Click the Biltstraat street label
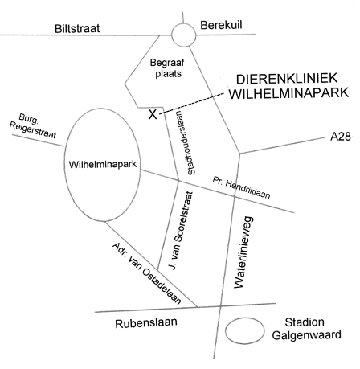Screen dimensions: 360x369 pos(77,28)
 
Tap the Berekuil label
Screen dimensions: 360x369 pos(221,25)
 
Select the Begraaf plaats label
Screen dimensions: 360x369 pos(168,68)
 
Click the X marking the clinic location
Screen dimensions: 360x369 pos(153,114)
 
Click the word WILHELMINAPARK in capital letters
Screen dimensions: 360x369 pos(289,93)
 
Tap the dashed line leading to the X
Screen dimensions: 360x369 pos(191,104)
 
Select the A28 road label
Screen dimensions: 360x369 pos(341,137)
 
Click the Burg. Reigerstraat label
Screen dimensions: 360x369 pos(33,126)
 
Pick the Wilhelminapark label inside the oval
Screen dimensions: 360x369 pos(103,164)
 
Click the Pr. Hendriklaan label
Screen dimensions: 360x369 pos(241,187)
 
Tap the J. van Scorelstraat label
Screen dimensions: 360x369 pos(181,231)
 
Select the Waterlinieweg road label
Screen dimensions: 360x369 pos(243,252)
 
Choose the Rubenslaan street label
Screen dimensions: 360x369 pos(146,323)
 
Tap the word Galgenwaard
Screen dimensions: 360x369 pos(307,335)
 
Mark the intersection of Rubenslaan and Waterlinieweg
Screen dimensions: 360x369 pos(220,305)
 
